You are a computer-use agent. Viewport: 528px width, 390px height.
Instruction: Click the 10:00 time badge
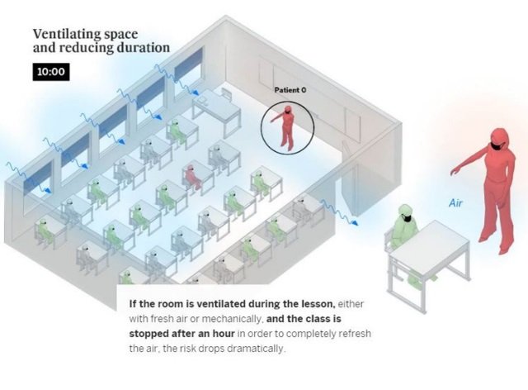[x=51, y=72]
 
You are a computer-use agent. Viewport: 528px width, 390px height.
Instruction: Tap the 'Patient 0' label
[x=290, y=90]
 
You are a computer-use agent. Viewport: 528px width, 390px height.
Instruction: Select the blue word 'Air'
[x=455, y=203]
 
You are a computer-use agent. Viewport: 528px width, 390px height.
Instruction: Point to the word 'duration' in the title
[x=143, y=48]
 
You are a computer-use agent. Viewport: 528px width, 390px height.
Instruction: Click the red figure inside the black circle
[x=285, y=127]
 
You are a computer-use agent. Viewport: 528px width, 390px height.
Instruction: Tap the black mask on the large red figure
[x=497, y=146]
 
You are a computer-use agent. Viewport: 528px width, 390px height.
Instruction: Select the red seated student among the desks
[x=192, y=177]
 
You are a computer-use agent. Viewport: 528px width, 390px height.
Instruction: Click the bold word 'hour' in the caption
[x=224, y=334]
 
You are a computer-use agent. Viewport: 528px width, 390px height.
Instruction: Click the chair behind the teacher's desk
[x=227, y=93]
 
